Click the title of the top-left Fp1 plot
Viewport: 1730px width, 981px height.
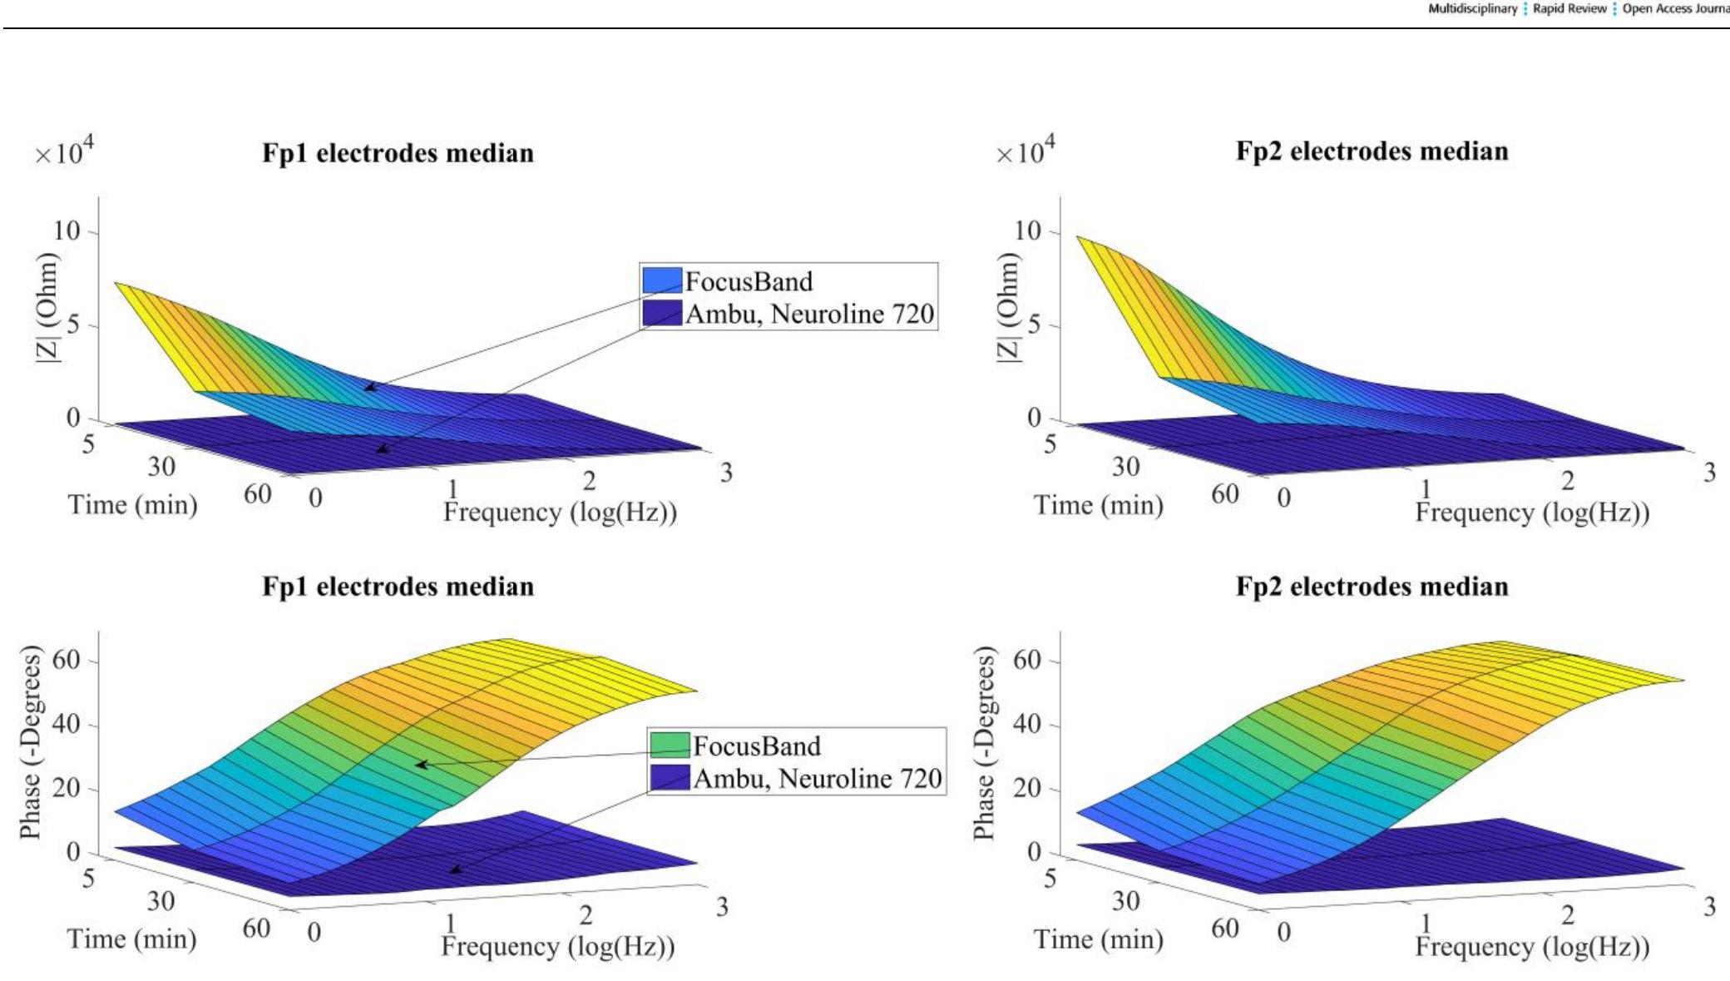398,154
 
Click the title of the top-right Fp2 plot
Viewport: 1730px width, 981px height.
1372,151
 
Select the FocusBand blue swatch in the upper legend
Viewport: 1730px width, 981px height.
662,281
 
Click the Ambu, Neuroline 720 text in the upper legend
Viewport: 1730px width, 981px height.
809,314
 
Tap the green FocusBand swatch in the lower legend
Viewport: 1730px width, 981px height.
670,746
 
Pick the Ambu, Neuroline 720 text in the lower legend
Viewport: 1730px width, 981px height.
817,779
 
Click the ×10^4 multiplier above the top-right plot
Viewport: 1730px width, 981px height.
1025,151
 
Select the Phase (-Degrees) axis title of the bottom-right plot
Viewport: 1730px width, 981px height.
983,743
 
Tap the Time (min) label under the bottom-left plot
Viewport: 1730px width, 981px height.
131,939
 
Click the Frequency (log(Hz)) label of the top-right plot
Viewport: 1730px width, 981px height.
1532,513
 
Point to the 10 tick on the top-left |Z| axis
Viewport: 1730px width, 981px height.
67,230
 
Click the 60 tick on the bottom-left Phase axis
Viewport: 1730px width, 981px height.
67,660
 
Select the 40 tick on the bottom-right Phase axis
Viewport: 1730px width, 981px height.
1027,724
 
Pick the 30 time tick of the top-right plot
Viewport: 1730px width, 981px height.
1125,467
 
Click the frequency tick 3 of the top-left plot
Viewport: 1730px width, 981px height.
726,473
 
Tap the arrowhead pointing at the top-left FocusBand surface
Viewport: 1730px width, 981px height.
368,387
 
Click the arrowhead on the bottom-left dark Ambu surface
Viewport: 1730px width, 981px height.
455,870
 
